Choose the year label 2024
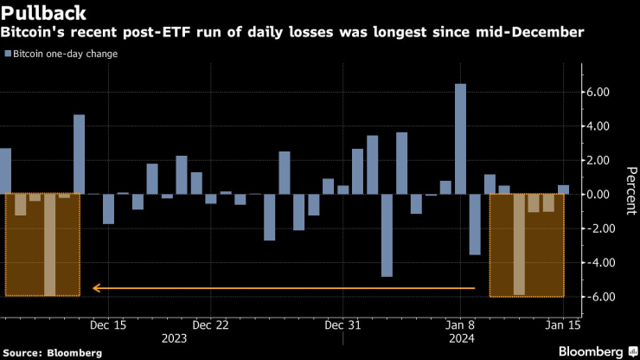[459, 337]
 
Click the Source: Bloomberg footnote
[52, 352]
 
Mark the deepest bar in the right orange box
[519, 245]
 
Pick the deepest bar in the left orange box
[49, 245]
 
